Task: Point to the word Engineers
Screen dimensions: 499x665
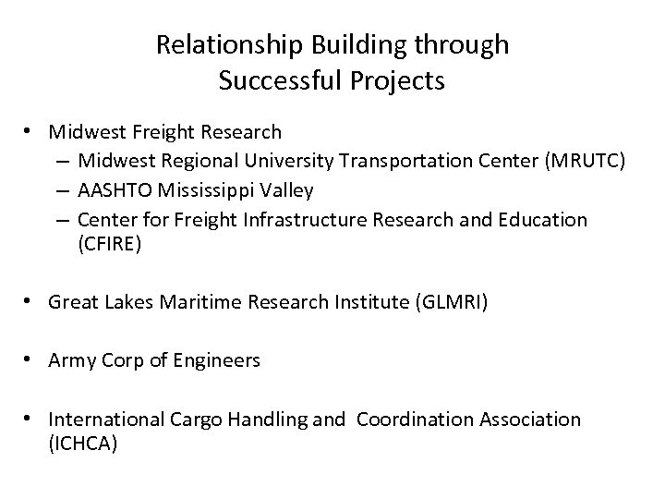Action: (x=221, y=361)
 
